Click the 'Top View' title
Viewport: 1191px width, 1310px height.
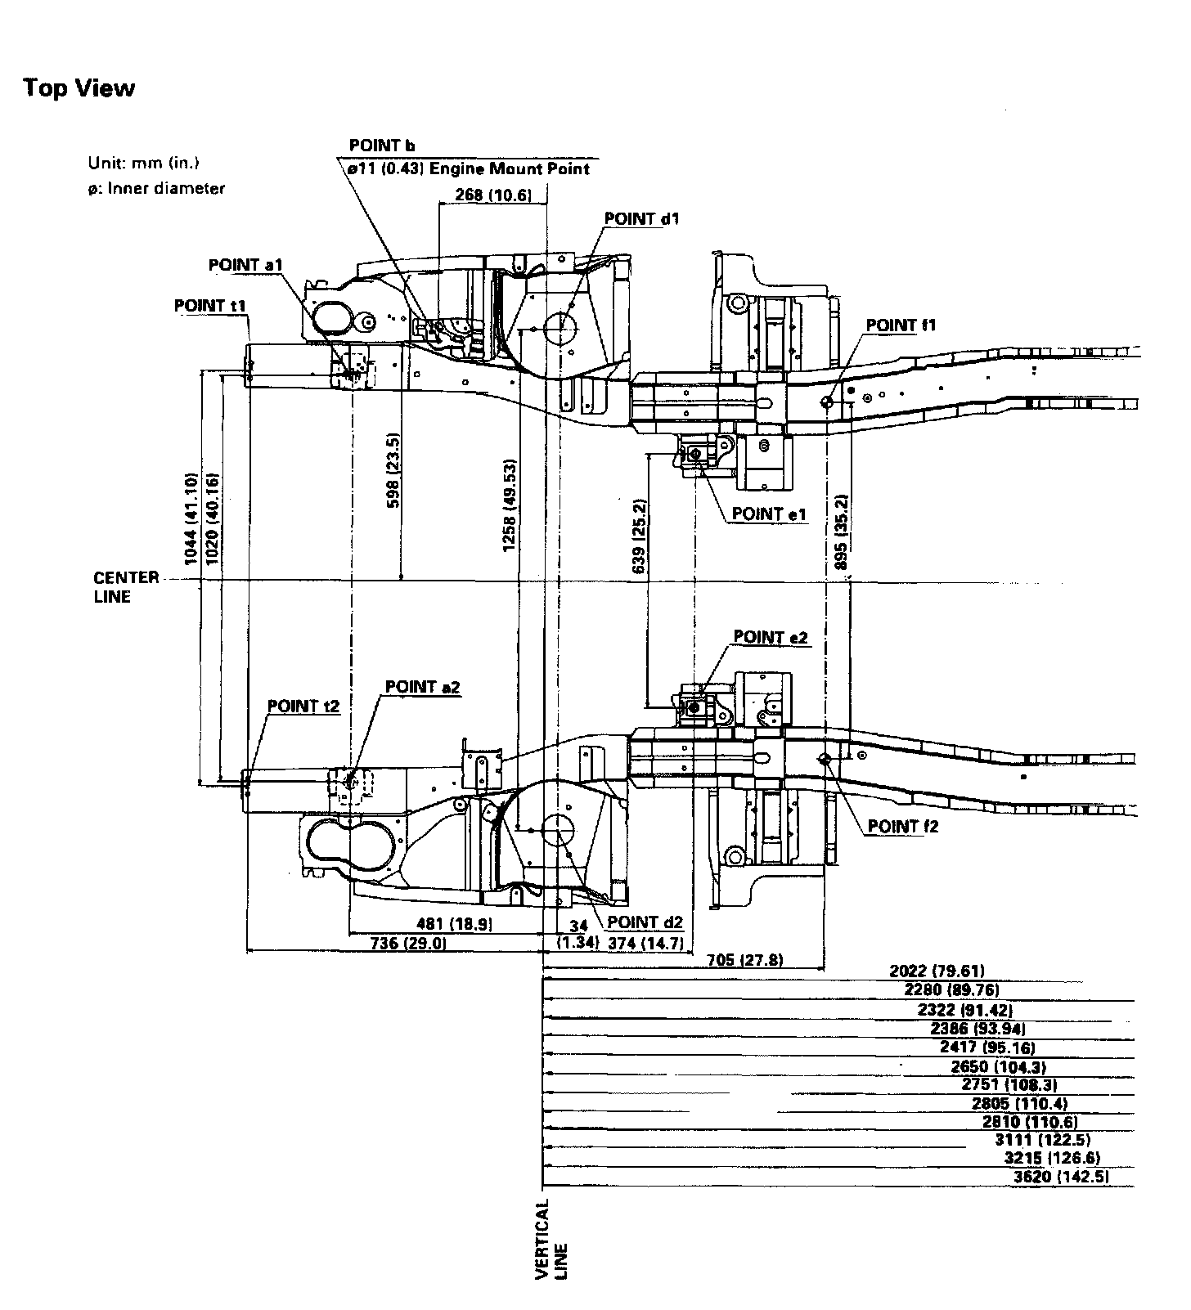(x=79, y=87)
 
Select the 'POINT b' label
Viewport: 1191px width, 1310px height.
(x=382, y=146)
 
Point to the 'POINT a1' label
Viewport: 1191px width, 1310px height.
(x=245, y=265)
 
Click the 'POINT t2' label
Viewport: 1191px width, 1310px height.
(x=303, y=706)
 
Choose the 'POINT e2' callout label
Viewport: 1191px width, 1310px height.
(x=771, y=636)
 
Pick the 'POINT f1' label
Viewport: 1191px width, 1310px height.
(x=901, y=325)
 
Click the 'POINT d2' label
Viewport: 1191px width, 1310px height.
(x=644, y=922)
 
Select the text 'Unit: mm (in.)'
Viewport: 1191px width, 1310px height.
(x=144, y=162)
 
